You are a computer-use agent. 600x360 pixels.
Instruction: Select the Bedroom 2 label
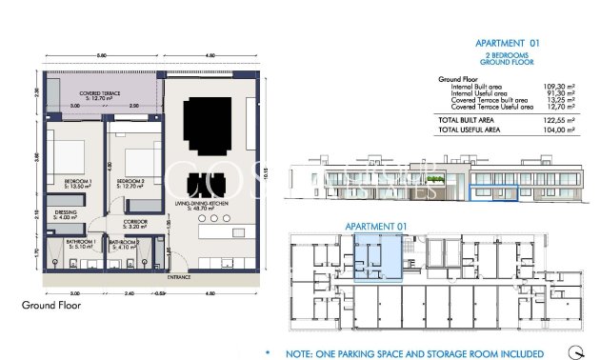point(130,183)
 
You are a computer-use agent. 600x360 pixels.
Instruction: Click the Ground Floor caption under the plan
point(50,306)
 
